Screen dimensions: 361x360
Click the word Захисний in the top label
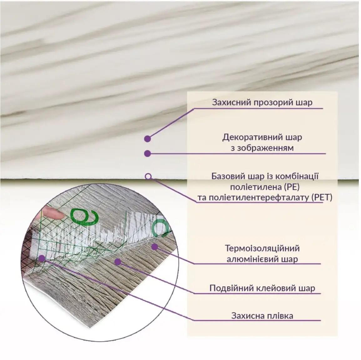click(231, 102)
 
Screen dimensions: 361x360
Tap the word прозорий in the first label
click(273, 103)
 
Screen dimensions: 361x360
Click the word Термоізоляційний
click(262, 248)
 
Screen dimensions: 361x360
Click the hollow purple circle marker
click(148, 177)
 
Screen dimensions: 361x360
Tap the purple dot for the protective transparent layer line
click(147, 139)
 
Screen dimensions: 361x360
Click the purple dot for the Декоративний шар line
click(147, 153)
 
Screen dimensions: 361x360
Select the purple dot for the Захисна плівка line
click(42, 258)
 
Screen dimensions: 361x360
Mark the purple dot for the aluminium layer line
click(155, 247)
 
